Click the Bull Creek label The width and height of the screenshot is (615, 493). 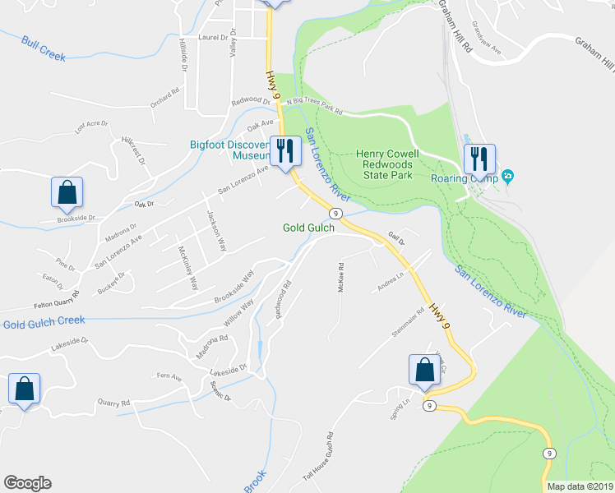coord(44,48)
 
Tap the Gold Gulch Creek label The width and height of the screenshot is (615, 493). coord(44,320)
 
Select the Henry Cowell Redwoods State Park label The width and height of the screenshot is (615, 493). coord(387,165)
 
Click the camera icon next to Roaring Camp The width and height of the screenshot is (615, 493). coord(508,176)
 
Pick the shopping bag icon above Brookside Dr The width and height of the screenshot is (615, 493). coord(67,193)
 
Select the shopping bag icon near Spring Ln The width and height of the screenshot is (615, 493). coord(424,371)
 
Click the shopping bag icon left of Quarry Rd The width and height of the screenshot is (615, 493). coord(24,389)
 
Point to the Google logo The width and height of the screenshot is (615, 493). coord(27,483)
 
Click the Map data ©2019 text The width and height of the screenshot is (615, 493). coord(579,486)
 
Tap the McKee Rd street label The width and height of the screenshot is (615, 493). coord(340,278)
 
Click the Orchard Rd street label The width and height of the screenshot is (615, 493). coord(164,99)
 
